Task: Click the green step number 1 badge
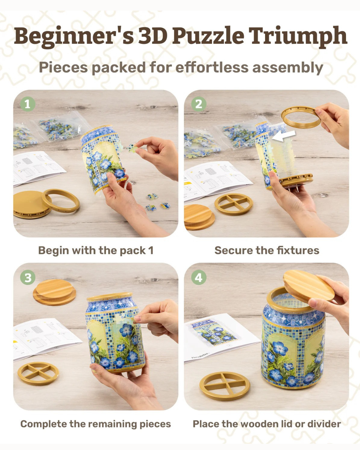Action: (x=28, y=104)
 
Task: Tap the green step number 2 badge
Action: (x=199, y=104)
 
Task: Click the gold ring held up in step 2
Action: (x=301, y=117)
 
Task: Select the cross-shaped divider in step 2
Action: (x=234, y=204)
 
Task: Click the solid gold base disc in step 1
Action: (x=31, y=204)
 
